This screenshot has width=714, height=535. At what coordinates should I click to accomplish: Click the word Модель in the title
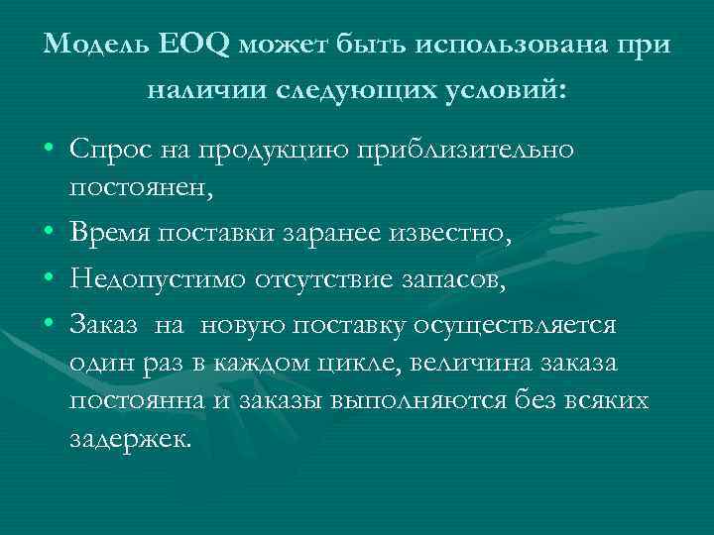pos(91,45)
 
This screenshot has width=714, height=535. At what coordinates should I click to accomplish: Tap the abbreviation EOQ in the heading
pos(177,45)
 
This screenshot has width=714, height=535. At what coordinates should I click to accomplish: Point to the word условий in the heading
pos(506,91)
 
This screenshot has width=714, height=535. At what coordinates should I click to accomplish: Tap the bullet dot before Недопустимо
pos(49,282)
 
